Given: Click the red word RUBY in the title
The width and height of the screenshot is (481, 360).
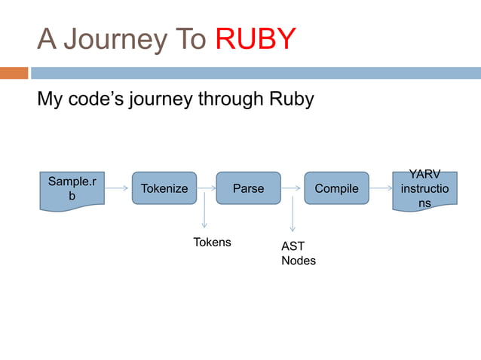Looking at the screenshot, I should (x=256, y=39).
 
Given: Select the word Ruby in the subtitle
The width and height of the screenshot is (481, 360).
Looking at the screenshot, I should (x=290, y=99).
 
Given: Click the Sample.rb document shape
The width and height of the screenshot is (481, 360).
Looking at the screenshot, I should (x=72, y=189).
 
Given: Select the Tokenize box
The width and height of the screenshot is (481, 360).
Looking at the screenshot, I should (x=164, y=188).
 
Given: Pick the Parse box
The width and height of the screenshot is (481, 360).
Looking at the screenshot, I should (x=248, y=188).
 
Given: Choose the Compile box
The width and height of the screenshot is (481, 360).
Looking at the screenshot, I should (x=336, y=188).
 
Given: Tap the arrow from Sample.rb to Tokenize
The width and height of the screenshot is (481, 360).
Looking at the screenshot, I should (x=118, y=188).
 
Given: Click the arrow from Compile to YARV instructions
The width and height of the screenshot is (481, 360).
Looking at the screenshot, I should (x=381, y=188).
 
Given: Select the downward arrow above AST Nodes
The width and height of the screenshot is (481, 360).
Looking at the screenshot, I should (x=293, y=215).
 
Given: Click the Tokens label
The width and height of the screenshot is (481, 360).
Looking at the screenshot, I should (x=212, y=243).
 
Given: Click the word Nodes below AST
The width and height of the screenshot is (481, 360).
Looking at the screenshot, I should (x=298, y=261).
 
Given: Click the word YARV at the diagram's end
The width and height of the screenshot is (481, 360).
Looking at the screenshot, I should (x=424, y=175).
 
